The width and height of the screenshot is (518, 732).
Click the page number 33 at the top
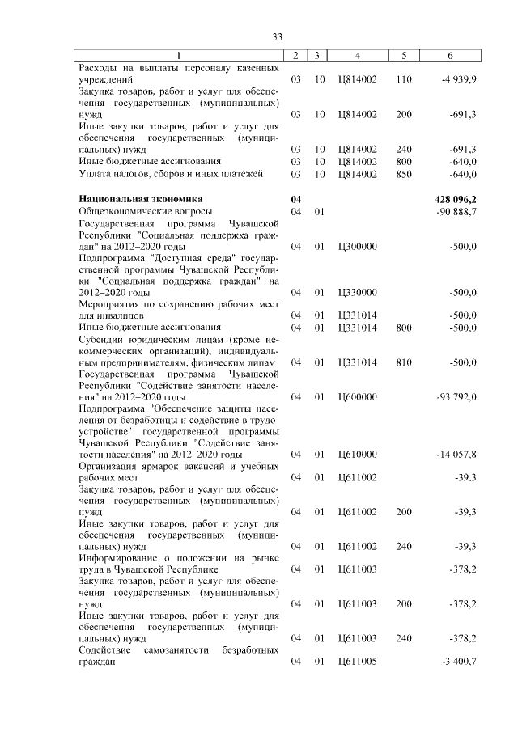278,37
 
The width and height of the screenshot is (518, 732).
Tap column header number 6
450,55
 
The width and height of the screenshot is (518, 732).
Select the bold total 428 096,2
456,198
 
